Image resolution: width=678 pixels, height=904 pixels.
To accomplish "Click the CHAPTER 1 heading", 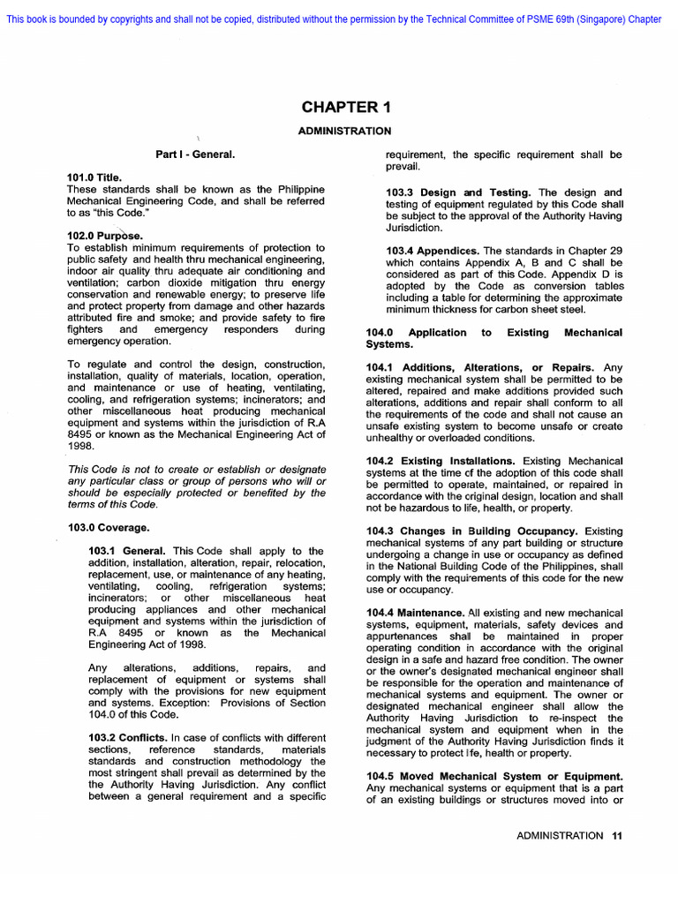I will tap(345, 108).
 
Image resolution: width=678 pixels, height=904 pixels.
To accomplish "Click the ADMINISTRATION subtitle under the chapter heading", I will tap(345, 131).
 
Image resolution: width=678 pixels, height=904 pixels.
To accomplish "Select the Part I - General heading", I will tap(195, 154).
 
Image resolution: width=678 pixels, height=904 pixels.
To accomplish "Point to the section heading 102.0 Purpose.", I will tap(104, 236).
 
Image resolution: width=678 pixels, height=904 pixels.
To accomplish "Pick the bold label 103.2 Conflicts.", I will tap(128, 738).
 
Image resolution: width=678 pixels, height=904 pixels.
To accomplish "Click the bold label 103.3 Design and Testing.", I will tap(459, 192).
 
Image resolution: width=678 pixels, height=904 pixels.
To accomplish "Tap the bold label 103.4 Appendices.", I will tap(433, 251).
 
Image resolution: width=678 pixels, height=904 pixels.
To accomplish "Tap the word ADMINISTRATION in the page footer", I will tap(560, 835).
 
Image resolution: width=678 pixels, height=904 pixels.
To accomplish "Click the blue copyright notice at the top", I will tap(334, 19).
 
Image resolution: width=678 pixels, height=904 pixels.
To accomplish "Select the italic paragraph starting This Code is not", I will tap(196, 486).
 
